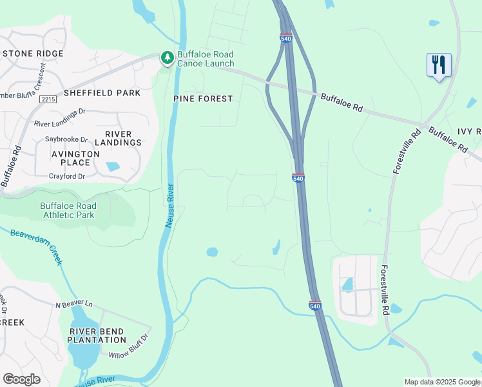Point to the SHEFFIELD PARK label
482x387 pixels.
point(102,93)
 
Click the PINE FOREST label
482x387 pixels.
point(202,99)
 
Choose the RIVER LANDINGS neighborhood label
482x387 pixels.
point(118,138)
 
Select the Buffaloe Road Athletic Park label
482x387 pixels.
point(67,210)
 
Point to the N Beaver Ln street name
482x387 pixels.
point(74,304)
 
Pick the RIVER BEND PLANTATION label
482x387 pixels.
point(98,335)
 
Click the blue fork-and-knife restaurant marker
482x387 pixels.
point(439,65)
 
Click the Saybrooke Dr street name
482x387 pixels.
point(66,139)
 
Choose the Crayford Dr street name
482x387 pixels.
point(67,176)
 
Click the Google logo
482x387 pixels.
point(21,379)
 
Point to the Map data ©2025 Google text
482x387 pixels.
point(441,382)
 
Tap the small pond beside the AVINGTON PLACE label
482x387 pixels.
point(113,166)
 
